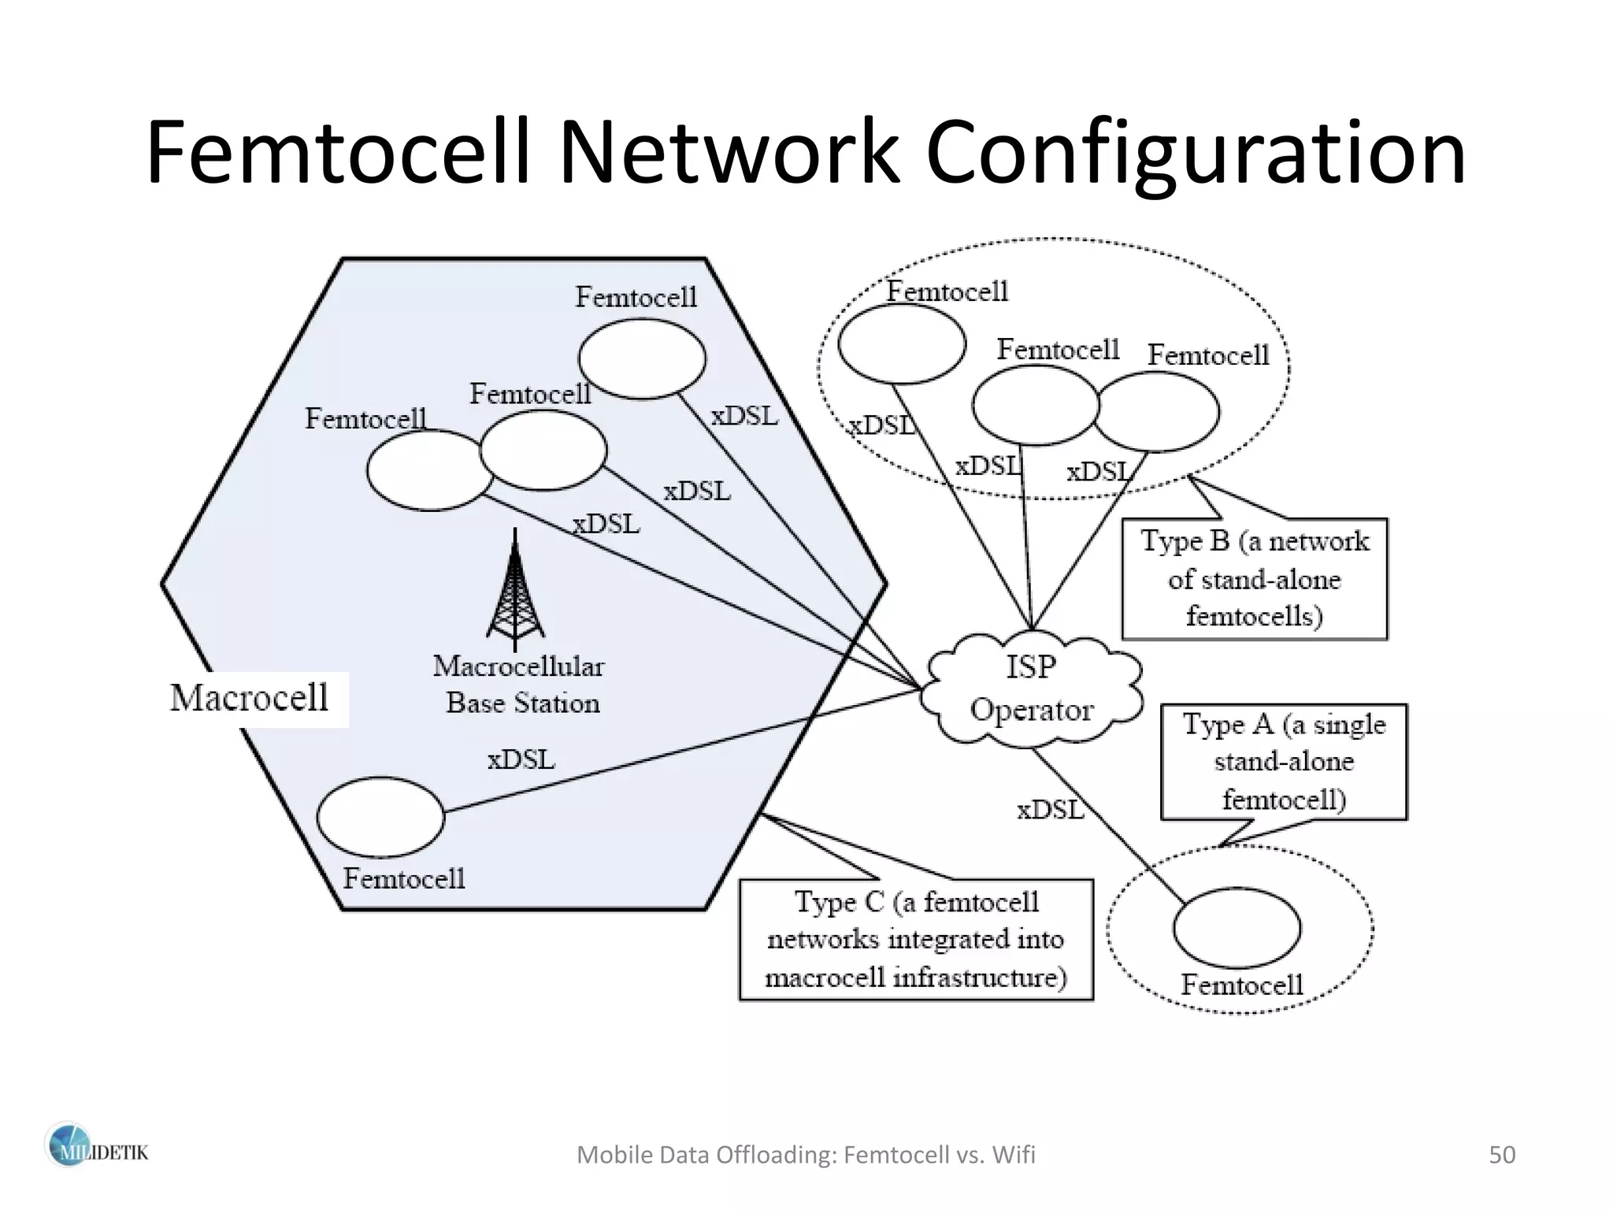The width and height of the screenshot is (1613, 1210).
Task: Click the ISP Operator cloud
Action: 1032,688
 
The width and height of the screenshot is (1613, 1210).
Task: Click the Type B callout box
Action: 1254,579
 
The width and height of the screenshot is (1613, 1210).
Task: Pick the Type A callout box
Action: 1283,762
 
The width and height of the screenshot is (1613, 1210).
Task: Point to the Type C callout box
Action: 916,940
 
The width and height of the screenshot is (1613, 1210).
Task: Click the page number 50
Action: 1501,1155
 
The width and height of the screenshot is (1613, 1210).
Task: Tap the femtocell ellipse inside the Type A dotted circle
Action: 1237,928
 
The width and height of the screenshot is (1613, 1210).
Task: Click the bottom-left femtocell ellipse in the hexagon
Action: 380,817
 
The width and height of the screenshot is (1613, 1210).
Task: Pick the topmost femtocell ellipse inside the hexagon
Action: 642,358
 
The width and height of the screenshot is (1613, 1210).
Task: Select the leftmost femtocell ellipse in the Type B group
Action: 902,343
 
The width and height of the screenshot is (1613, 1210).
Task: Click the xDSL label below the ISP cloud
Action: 1050,810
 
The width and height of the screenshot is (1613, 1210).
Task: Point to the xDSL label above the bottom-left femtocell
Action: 521,760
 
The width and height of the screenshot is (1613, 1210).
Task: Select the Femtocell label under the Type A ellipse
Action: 1242,985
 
